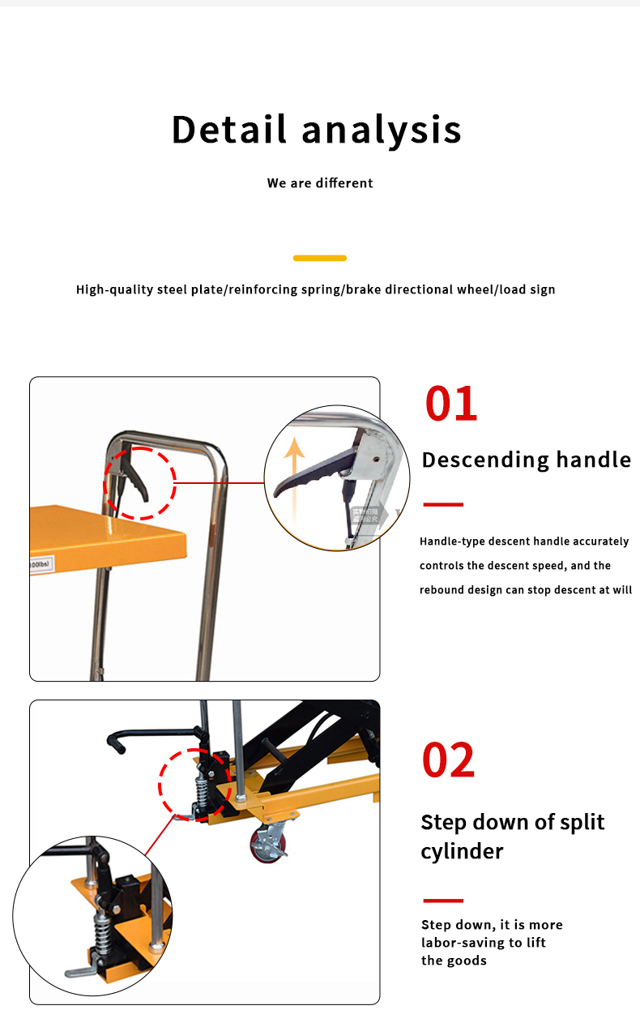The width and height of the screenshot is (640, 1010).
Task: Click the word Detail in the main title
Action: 229,130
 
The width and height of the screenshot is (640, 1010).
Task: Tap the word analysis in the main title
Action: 382,130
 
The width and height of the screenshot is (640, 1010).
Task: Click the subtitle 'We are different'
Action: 320,183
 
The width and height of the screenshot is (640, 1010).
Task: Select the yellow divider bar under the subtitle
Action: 320,258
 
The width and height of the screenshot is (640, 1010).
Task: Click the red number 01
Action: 451,404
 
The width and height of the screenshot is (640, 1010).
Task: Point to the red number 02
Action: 448,760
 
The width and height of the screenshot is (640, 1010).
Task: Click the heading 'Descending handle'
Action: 527,460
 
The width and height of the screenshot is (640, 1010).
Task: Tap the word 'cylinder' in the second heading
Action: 462,851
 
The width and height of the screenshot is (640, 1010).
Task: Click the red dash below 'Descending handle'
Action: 443,504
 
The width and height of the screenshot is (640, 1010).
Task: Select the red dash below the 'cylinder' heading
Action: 443,901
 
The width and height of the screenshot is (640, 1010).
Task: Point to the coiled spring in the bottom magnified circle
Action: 102,933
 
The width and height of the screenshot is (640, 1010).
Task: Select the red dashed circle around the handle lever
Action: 139,483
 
